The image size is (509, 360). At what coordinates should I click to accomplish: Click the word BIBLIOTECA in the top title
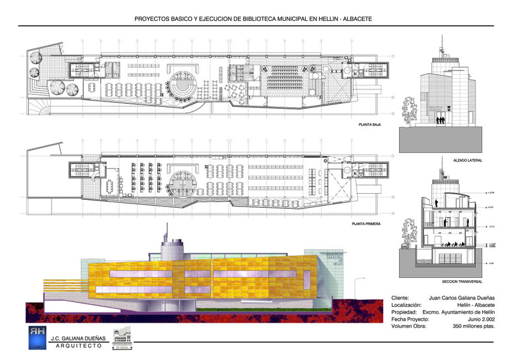pos(258,19)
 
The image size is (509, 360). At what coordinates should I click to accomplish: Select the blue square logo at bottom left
pos(35,337)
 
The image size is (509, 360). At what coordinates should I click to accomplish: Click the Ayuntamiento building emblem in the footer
pos(122,337)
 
